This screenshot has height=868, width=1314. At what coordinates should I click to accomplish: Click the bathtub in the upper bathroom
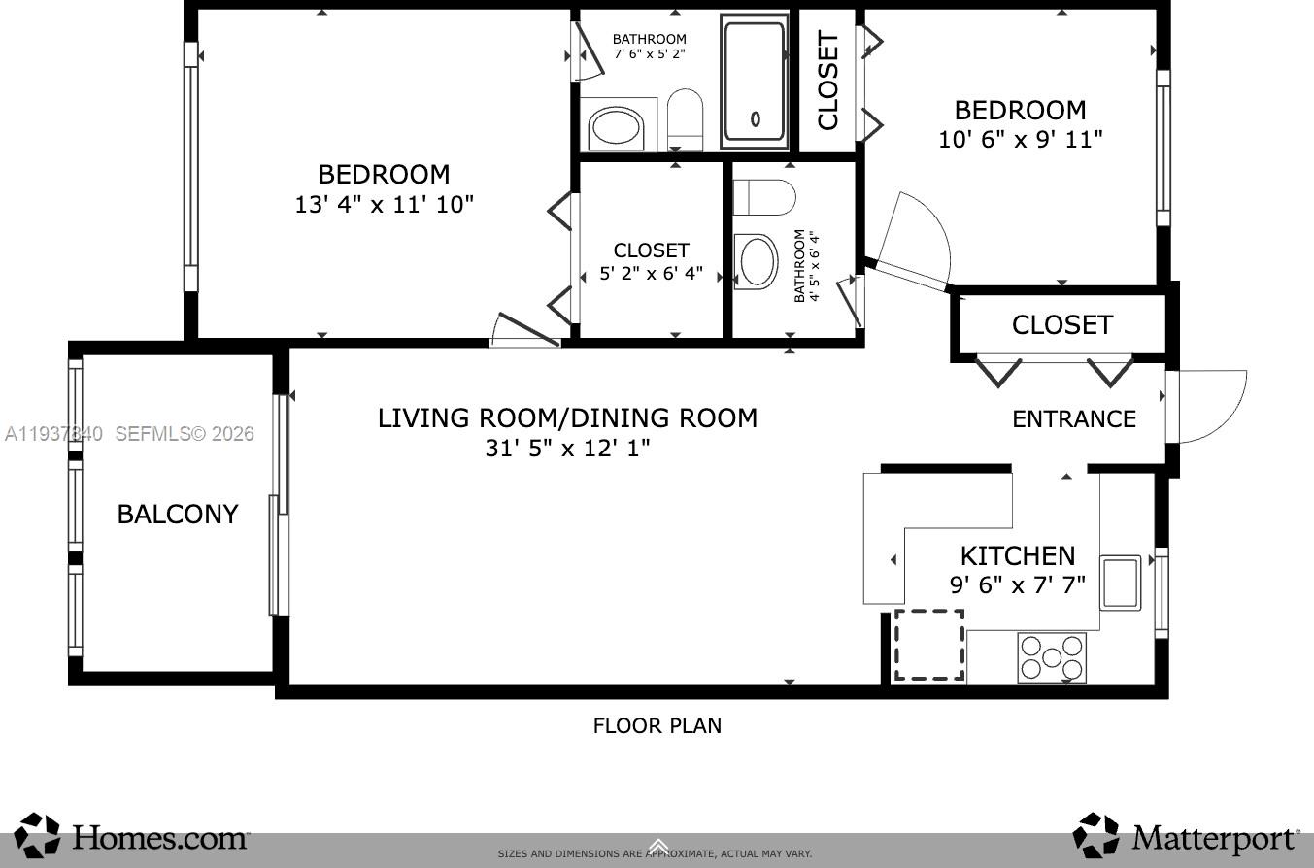pos(755,82)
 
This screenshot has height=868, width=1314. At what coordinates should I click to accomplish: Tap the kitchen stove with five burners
pos(1052,657)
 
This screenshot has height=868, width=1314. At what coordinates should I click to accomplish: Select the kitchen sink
pos(1120,582)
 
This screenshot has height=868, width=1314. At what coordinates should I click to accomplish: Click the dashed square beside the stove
pos(928,645)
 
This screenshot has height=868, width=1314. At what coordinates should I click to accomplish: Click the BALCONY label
pos(178,515)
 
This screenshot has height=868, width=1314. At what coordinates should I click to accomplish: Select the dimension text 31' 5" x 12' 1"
pos(567,449)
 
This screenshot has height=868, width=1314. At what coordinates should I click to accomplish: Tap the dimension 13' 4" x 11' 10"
pos(384,205)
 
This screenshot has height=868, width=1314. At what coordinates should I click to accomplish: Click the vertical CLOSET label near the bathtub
pos(827,81)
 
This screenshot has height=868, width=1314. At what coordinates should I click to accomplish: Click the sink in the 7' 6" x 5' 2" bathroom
pos(617,129)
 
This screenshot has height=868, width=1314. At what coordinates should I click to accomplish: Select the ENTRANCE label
pos(1073,419)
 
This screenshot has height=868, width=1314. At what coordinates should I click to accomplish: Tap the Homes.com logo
pos(133,836)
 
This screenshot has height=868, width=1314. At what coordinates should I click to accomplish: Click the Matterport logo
pos(1186,836)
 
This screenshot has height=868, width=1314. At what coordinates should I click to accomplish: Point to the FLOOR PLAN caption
pos(657,725)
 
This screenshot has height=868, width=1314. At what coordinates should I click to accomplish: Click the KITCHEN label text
pos(1017,556)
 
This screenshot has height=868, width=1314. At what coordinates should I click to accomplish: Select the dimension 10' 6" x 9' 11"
pos(1020,140)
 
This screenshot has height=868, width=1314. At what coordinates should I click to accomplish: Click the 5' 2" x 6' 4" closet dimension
pos(651,274)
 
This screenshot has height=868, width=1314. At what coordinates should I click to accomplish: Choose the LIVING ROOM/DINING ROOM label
pos(567,418)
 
